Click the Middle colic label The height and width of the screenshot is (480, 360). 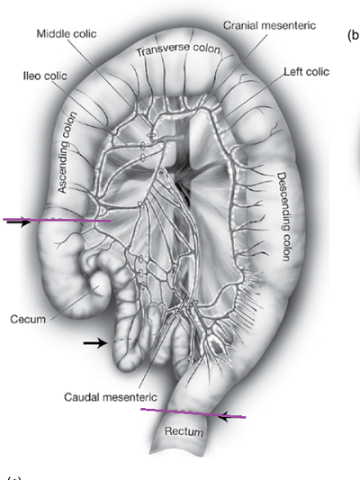pyautogui.click(x=67, y=33)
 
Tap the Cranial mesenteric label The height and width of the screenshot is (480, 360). pyautogui.click(x=269, y=25)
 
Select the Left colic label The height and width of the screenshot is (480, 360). pyautogui.click(x=307, y=72)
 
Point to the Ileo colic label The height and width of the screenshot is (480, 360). pyautogui.click(x=45, y=76)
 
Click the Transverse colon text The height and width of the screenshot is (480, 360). pyautogui.click(x=178, y=50)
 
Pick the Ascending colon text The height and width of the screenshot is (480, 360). pyautogui.click(x=67, y=152)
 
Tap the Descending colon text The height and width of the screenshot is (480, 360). pyautogui.click(x=283, y=217)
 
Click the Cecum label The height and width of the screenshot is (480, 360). pyautogui.click(x=28, y=320)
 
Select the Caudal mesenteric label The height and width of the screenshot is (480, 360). pyautogui.click(x=111, y=397)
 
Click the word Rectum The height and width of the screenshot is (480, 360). pyautogui.click(x=184, y=431)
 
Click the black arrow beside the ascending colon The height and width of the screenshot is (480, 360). pyautogui.click(x=18, y=222)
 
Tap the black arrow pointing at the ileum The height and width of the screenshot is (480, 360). pyautogui.click(x=95, y=343)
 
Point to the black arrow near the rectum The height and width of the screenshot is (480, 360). pyautogui.click(x=232, y=417)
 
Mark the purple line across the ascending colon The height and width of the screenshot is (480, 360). pyautogui.click(x=57, y=220)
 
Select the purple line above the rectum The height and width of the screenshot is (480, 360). pyautogui.click(x=193, y=413)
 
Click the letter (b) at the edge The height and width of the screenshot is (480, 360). pyautogui.click(x=354, y=35)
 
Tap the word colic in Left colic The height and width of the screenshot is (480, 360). pyautogui.click(x=318, y=72)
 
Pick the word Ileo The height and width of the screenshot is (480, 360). pyautogui.click(x=32, y=76)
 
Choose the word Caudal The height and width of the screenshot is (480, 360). pyautogui.click(x=81, y=397)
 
